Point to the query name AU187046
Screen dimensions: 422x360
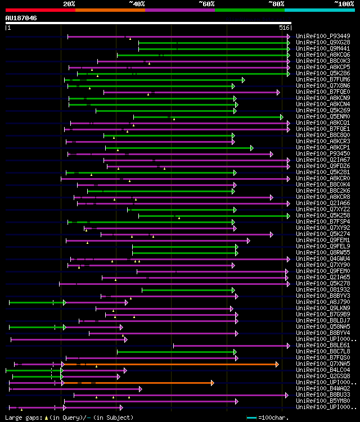tap(21, 18)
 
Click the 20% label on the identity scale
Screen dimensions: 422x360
tap(69, 4)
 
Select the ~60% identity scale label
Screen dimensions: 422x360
tap(206, 4)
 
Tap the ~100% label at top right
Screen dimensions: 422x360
tap(344, 4)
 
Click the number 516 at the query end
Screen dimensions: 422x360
tap(285, 27)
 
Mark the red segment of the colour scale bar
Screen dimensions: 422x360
tap(40, 10)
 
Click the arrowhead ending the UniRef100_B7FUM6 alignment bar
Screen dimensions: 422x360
tap(243, 80)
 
